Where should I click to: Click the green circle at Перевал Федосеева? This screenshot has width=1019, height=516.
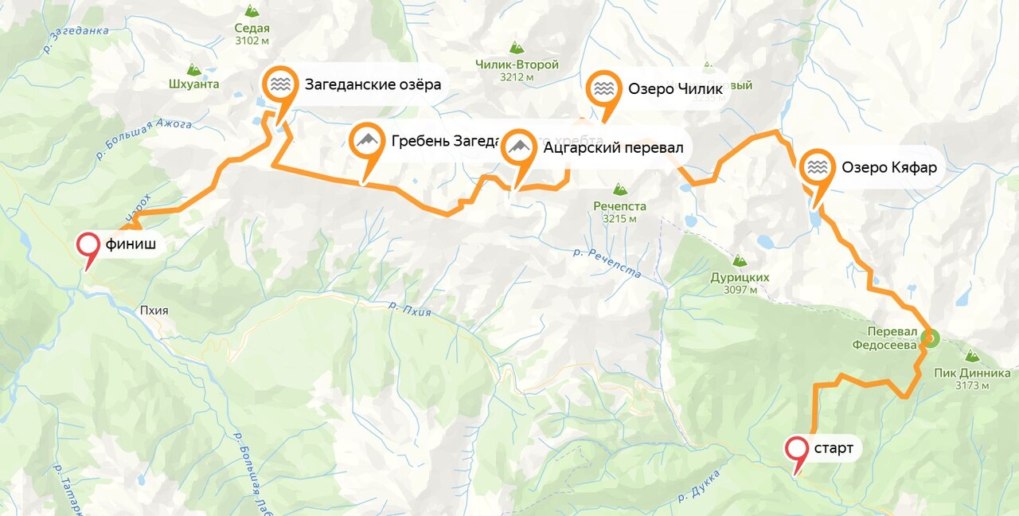(x=928, y=338)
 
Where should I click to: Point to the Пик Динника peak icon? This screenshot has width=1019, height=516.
(x=971, y=357)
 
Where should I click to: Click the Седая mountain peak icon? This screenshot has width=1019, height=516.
(x=252, y=11)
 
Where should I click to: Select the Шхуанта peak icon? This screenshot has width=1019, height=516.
(x=193, y=69)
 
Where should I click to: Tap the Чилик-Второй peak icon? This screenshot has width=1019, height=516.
(x=517, y=48)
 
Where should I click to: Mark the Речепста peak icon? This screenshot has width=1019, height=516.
(x=619, y=190)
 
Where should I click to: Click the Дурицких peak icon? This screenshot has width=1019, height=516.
(x=740, y=260)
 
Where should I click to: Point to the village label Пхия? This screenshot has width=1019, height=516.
(x=154, y=311)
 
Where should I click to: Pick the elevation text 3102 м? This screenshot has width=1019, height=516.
(x=252, y=40)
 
